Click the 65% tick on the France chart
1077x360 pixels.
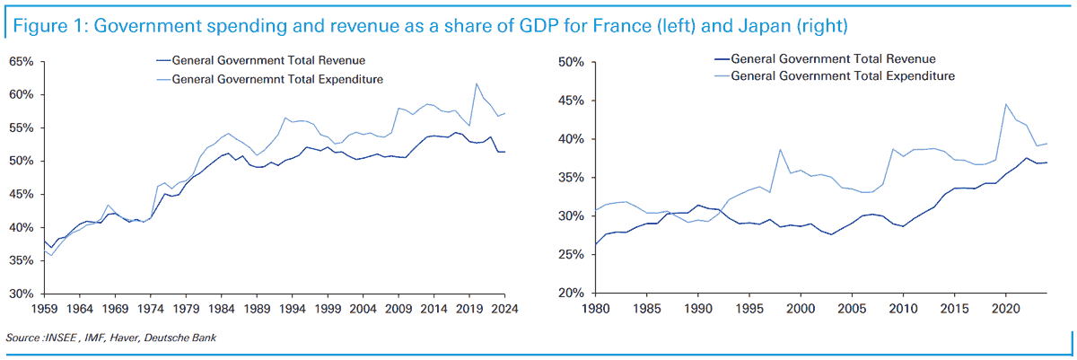click(x=22, y=62)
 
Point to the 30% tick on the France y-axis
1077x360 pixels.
click(x=22, y=294)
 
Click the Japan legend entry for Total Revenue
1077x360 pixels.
click(x=835, y=59)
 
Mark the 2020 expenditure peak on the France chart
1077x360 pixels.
click(x=476, y=83)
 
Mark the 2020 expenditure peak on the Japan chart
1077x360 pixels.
click(x=1005, y=104)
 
